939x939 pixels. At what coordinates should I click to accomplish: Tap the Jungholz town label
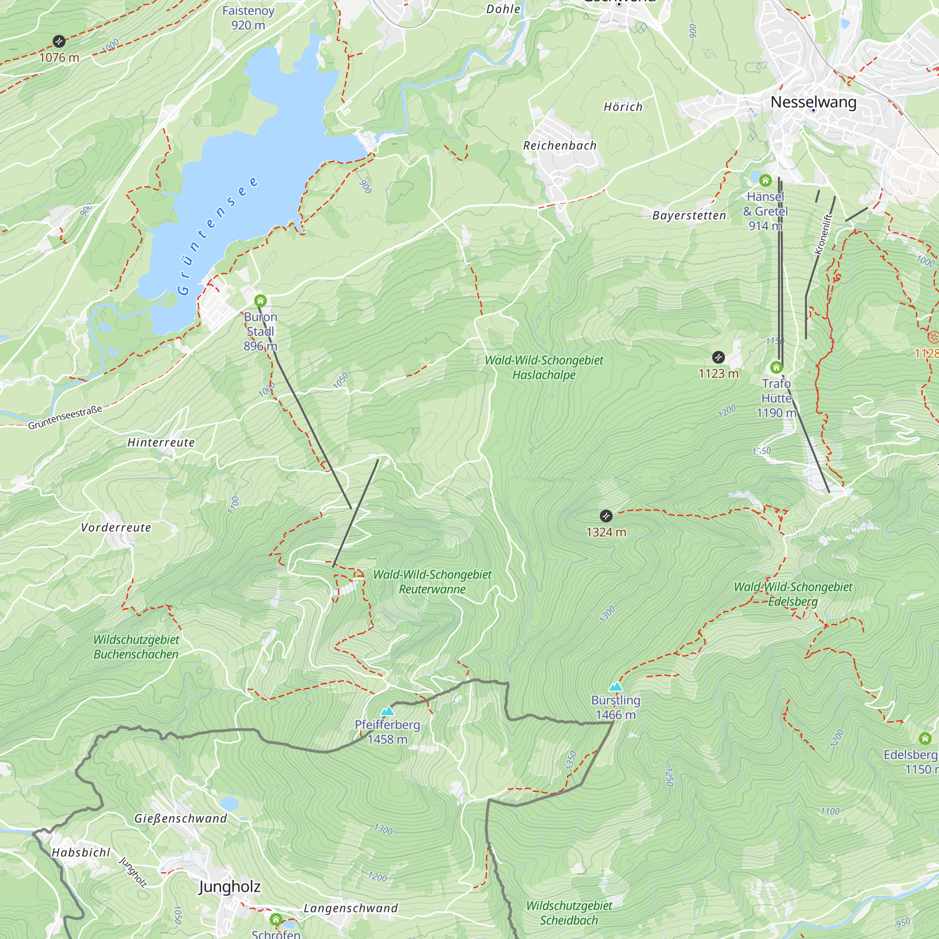pyautogui.click(x=230, y=887)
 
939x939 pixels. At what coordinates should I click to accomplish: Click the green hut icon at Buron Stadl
pyautogui.click(x=260, y=300)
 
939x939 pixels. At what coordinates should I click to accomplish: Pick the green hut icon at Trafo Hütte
pyautogui.click(x=776, y=367)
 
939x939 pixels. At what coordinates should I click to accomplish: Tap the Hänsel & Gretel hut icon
pyautogui.click(x=765, y=181)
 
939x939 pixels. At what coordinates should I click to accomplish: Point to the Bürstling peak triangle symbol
pyautogui.click(x=616, y=687)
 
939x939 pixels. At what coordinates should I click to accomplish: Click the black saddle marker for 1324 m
pyautogui.click(x=606, y=516)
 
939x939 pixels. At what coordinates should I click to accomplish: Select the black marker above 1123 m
pyautogui.click(x=718, y=358)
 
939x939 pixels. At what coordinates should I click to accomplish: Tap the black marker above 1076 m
pyautogui.click(x=59, y=41)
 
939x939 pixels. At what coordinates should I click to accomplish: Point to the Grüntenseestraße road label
pyautogui.click(x=65, y=417)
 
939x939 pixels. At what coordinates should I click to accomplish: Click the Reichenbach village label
pyautogui.click(x=560, y=146)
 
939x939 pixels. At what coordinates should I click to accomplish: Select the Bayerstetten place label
pyautogui.click(x=689, y=216)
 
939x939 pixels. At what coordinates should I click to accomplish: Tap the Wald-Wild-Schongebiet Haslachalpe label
pyautogui.click(x=544, y=368)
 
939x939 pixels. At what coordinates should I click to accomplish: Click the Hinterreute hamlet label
pyautogui.click(x=161, y=442)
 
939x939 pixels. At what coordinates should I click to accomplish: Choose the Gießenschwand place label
pyautogui.click(x=180, y=818)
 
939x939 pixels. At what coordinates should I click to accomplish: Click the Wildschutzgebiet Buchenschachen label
pyautogui.click(x=136, y=647)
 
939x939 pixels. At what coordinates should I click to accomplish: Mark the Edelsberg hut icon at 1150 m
pyautogui.click(x=925, y=739)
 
